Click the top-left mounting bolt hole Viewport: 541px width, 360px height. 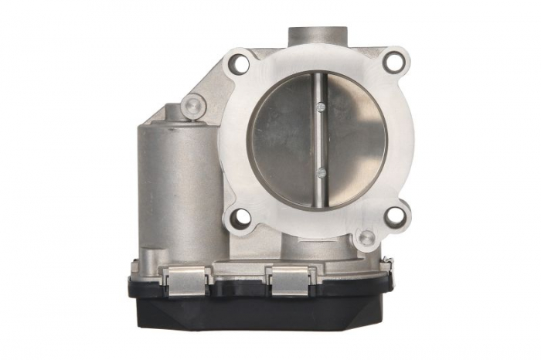[x=241, y=64]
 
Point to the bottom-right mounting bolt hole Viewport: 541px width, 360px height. [x=395, y=216]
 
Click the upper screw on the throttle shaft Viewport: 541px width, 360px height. [x=319, y=105]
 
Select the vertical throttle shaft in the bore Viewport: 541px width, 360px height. [x=320, y=139]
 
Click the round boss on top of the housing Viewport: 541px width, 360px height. [x=317, y=36]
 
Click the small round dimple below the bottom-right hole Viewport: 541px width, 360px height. [x=366, y=239]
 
